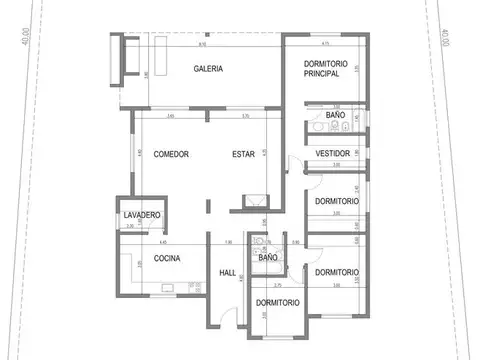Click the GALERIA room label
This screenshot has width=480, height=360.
click(208, 69)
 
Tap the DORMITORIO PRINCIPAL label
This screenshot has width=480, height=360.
click(324, 69)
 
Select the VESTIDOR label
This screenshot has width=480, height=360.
click(331, 153)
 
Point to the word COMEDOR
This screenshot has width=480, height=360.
click(172, 154)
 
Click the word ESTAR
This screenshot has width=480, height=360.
click(243, 154)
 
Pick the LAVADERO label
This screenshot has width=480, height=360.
click(142, 216)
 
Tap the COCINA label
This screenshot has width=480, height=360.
click(166, 258)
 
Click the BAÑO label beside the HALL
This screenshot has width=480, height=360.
click(268, 258)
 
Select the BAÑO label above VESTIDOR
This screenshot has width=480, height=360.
click(335, 116)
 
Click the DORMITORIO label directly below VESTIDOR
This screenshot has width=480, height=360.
click(336, 201)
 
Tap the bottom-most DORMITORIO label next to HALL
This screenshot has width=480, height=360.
click(277, 302)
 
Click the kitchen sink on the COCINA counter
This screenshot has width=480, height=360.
click(165, 290)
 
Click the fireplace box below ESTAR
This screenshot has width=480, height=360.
click(257, 200)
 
